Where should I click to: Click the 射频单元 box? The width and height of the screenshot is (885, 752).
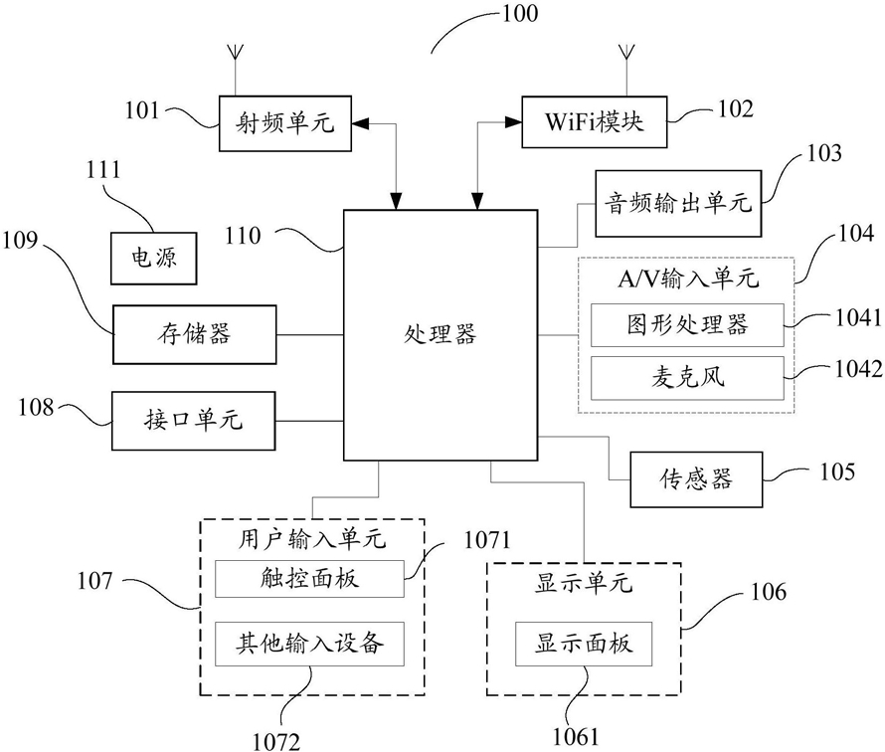coord(285,123)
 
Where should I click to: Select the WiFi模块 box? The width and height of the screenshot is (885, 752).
coord(594,122)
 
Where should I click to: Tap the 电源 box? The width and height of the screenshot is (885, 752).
coord(153,258)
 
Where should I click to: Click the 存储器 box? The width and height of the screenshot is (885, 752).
coord(195,334)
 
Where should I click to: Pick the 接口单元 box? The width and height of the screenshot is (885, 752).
coord(194,421)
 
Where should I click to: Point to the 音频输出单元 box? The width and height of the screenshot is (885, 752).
coord(678,203)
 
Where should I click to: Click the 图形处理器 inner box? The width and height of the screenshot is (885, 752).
coord(687,324)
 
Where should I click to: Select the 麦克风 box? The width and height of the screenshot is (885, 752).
coord(687,378)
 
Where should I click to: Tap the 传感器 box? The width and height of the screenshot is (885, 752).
coord(696,479)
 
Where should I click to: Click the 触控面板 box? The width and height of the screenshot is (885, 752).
coord(309,579)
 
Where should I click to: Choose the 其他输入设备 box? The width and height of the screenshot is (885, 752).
coord(309,644)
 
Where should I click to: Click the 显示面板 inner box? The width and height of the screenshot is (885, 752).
coord(584,644)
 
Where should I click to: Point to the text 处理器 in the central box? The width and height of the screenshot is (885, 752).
coord(441,334)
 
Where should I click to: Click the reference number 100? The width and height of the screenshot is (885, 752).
coord(520,14)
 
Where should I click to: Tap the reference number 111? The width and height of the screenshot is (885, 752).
coord(103,170)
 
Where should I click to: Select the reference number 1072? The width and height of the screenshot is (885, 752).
coord(276,741)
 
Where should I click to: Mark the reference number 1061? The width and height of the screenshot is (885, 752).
coord(575,736)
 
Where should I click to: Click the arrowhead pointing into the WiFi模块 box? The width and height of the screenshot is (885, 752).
coord(513,122)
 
